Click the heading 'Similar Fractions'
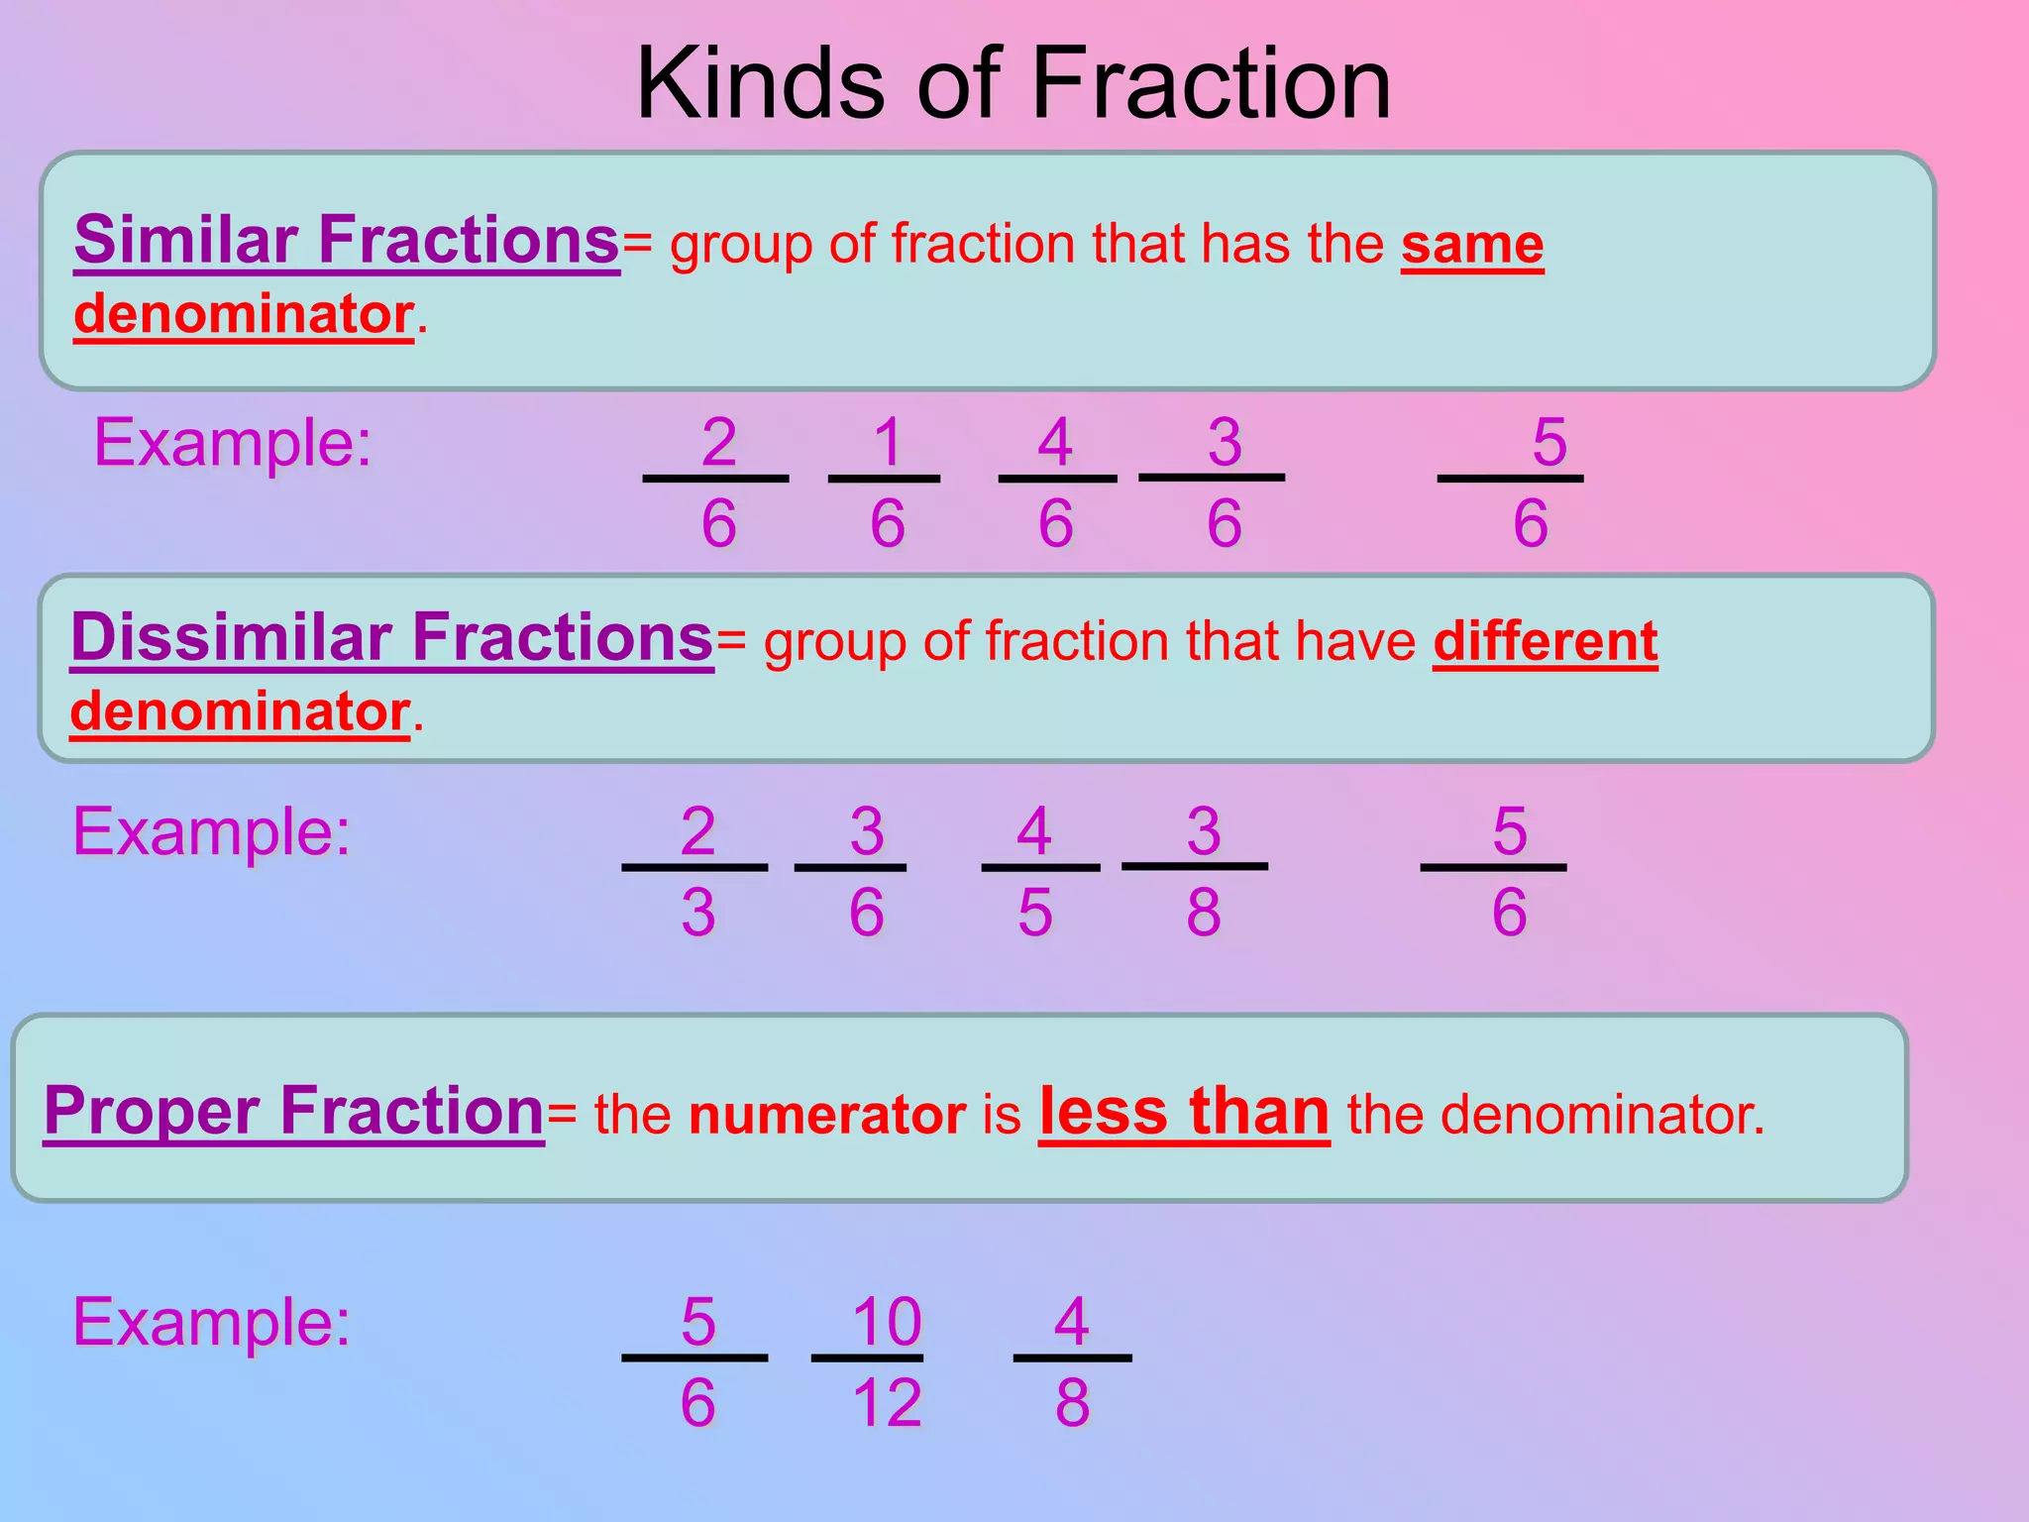tap(347, 240)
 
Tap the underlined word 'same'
tap(1471, 245)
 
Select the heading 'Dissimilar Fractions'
tap(392, 637)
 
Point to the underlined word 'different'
tap(1545, 642)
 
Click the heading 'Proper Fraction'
tap(294, 1111)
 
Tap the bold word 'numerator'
tap(827, 1115)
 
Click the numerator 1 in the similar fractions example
tap(888, 442)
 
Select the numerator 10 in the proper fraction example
tap(887, 1322)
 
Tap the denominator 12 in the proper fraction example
tap(887, 1403)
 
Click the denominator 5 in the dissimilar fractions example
tap(1035, 913)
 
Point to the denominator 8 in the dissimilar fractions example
tap(1204, 913)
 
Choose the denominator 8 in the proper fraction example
tap(1072, 1403)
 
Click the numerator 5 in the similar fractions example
tap(1549, 442)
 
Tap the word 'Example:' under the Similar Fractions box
tap(233, 442)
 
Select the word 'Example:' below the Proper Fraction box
tap(212, 1322)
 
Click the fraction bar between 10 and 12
tap(867, 1358)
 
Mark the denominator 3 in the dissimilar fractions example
tap(698, 913)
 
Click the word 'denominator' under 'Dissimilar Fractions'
tap(241, 711)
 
